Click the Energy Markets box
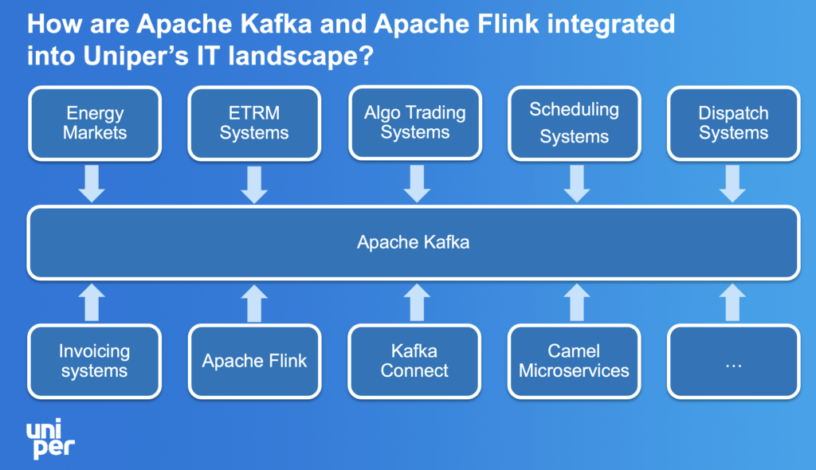pyautogui.click(x=95, y=123)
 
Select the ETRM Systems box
pyautogui.click(x=254, y=123)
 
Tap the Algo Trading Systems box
pyautogui.click(x=414, y=123)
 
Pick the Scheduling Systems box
pyautogui.click(x=574, y=123)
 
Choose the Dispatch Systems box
pyautogui.click(x=733, y=123)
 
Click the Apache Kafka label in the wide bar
pyautogui.click(x=413, y=242)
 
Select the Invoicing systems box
pyautogui.click(x=95, y=361)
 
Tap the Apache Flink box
pyautogui.click(x=254, y=361)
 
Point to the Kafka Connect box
pyautogui.click(x=414, y=361)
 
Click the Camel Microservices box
pyautogui.click(x=574, y=361)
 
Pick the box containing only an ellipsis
pyautogui.click(x=733, y=361)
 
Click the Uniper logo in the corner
pyautogui.click(x=49, y=440)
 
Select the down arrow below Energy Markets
pyautogui.click(x=93, y=183)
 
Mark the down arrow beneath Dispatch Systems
pyautogui.click(x=732, y=183)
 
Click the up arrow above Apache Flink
pyautogui.click(x=254, y=303)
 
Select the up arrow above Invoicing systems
pyautogui.click(x=93, y=303)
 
